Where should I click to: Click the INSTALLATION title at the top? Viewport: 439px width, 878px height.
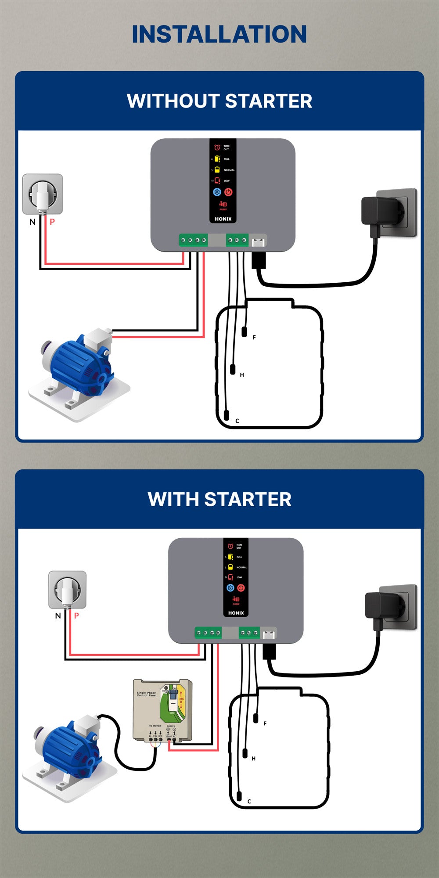(219, 34)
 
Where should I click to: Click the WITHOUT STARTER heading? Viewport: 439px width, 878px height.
(219, 101)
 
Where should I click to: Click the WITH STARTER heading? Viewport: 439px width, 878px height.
(219, 499)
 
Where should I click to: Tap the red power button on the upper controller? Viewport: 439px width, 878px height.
(228, 192)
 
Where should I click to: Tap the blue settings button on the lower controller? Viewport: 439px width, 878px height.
(230, 588)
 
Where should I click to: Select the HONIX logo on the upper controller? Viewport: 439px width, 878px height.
(223, 219)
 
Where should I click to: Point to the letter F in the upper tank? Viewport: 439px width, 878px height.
(254, 338)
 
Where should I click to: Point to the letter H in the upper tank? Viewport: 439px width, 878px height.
(242, 375)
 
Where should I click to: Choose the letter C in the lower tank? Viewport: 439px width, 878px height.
(249, 802)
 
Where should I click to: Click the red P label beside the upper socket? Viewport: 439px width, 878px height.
(52, 222)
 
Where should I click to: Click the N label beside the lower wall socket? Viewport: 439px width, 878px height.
(58, 615)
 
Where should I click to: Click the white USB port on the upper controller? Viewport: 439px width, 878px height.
(258, 241)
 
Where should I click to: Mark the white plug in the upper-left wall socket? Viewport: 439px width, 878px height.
(43, 195)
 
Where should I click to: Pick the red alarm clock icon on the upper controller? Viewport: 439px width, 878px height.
(217, 148)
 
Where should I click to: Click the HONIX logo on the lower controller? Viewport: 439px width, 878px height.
(236, 613)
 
